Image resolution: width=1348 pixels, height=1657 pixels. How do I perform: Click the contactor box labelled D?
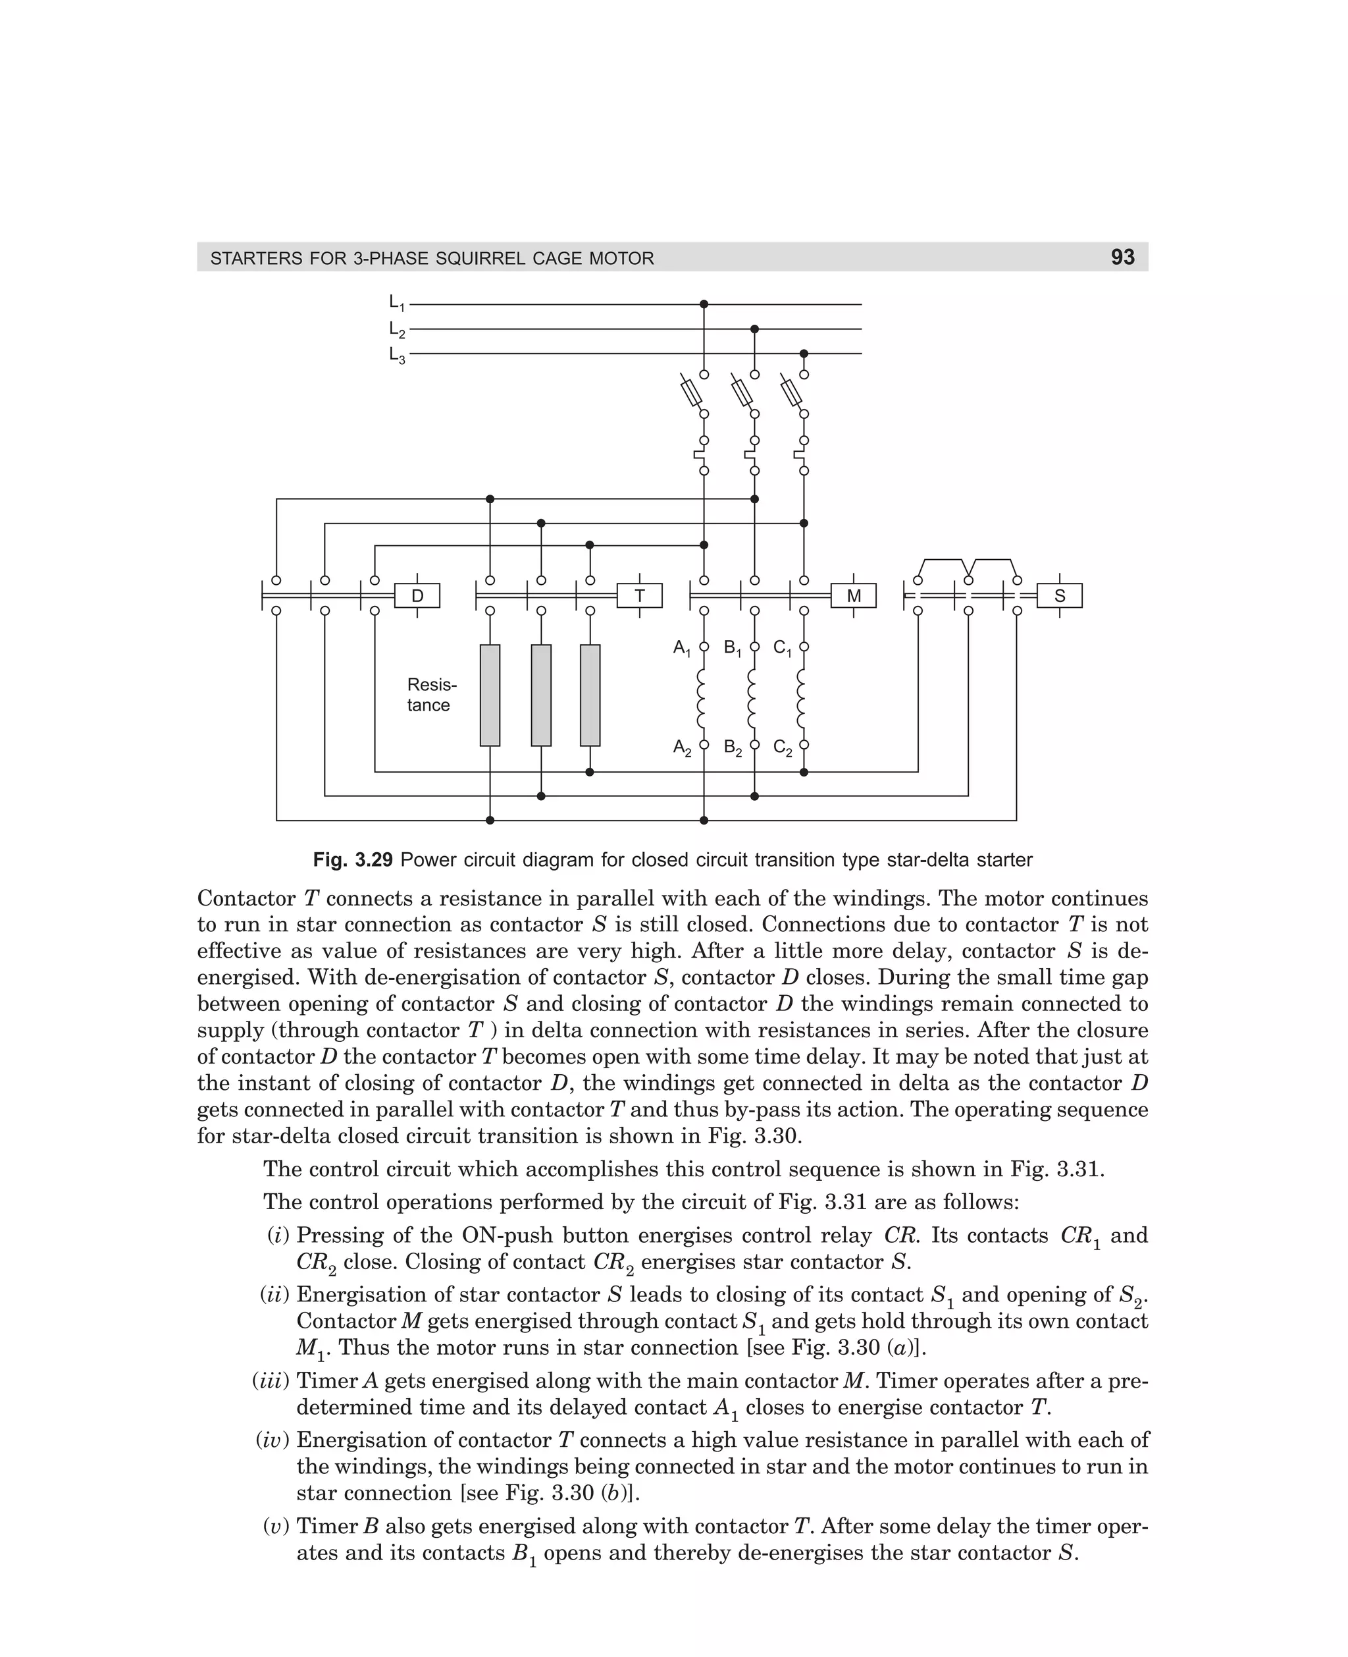coord(417,596)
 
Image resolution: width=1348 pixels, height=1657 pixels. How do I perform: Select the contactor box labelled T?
coord(640,596)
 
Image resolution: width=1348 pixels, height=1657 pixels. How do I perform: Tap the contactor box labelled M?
coord(854,596)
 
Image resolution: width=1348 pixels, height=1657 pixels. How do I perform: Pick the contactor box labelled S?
coord(1059,596)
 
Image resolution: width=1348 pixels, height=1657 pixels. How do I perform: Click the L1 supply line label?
coord(397,303)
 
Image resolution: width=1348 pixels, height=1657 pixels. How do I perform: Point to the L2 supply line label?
coord(397,329)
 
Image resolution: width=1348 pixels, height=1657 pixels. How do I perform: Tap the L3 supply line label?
coord(397,355)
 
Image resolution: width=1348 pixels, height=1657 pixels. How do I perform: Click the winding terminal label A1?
coord(682,648)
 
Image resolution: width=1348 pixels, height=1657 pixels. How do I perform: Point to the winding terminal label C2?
coord(783,747)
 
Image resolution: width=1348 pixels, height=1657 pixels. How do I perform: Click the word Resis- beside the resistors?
coord(432,684)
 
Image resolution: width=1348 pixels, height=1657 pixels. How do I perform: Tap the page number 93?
coord(1122,257)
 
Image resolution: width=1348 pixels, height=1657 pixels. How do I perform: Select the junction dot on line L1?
coord(704,304)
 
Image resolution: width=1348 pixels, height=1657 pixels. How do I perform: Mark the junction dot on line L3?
coord(804,354)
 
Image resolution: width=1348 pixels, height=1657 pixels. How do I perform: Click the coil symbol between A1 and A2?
coord(702,696)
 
